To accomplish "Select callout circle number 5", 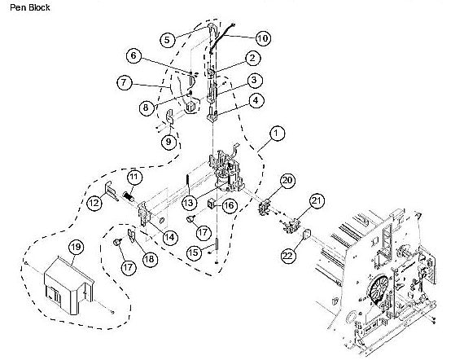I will (x=167, y=39).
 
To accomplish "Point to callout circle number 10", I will (x=263, y=37).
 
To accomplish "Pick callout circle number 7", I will (x=125, y=83).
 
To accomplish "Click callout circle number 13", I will (x=189, y=202).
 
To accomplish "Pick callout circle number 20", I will (x=287, y=181).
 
